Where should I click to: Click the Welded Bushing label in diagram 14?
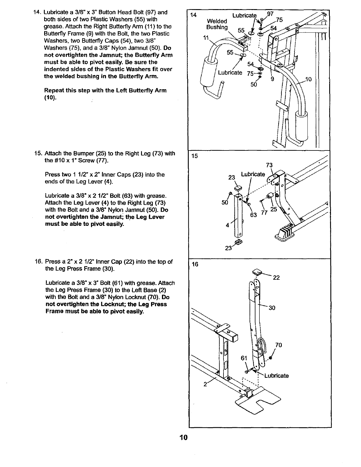217,24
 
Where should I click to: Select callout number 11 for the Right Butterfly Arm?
206,38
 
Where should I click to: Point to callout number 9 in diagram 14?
272,79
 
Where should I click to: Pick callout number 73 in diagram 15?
269,165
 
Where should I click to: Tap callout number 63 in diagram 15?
253,215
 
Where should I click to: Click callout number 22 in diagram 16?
276,278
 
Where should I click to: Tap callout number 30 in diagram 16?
272,308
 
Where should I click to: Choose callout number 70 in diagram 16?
279,345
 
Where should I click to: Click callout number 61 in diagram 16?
244,358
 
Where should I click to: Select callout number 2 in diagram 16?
205,385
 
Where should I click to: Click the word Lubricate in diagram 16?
276,376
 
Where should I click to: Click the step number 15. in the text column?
39,153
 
